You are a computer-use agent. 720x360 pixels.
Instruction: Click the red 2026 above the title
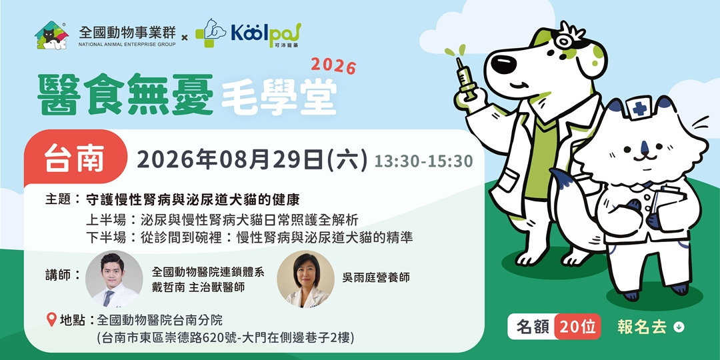[334, 65]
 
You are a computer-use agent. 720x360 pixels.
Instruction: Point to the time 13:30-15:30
[423, 161]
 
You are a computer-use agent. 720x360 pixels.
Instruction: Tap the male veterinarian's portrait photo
[114, 279]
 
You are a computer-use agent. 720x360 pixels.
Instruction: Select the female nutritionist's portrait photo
[305, 279]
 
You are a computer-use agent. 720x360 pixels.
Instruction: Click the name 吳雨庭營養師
[375, 277]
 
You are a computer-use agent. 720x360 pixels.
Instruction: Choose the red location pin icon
[51, 320]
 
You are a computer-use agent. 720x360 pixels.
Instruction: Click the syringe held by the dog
[465, 76]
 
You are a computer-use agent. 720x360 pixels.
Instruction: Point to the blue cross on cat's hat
[639, 108]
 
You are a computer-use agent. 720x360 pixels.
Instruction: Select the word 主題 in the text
[59, 199]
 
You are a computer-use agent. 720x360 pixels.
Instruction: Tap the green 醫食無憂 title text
[125, 94]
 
